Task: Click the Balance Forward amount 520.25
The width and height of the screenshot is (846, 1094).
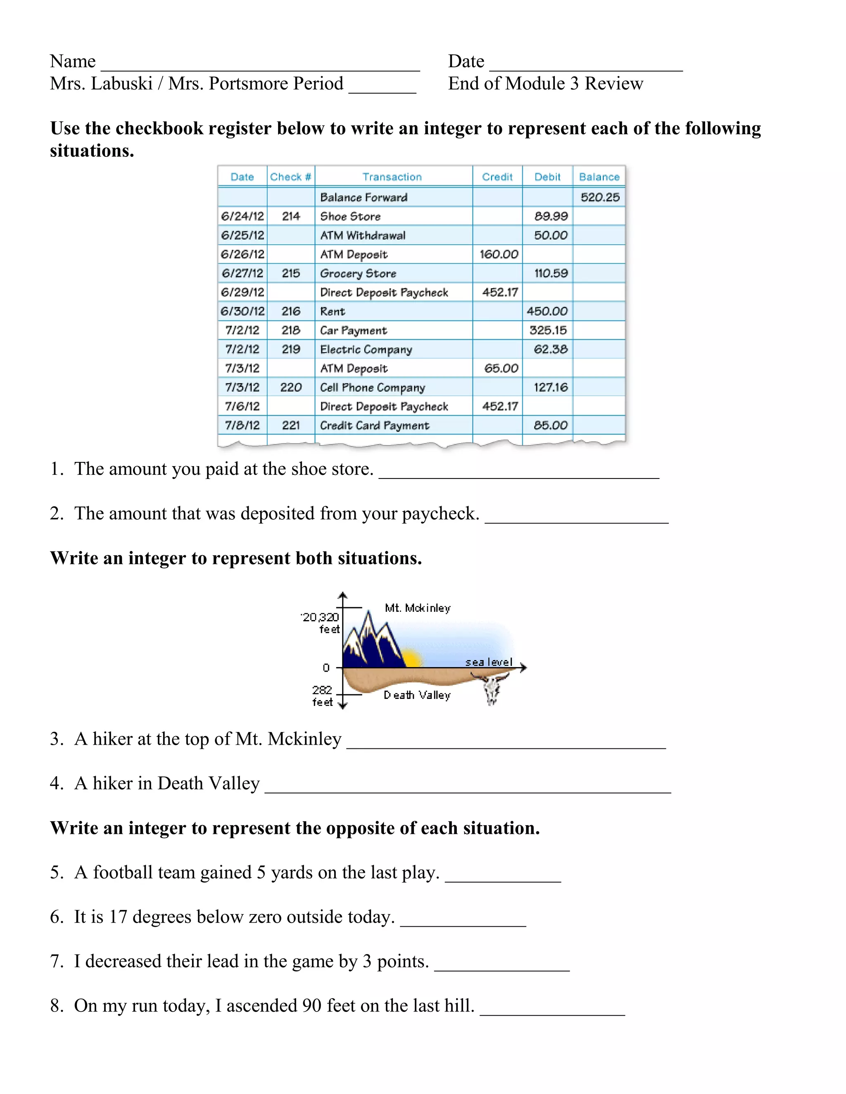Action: click(600, 197)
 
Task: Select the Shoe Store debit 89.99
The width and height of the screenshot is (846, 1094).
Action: click(551, 216)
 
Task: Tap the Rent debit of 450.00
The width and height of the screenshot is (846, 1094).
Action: click(547, 311)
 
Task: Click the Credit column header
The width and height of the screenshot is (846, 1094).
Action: click(497, 177)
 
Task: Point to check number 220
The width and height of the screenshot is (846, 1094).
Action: click(291, 387)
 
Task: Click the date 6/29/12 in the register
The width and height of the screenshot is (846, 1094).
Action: click(242, 292)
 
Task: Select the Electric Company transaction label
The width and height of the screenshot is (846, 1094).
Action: click(366, 350)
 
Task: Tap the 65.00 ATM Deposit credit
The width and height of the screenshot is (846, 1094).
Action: click(501, 369)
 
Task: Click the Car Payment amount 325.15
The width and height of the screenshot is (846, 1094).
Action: click(548, 330)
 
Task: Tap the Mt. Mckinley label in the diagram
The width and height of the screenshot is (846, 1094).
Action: click(418, 608)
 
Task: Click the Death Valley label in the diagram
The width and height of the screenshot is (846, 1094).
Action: click(417, 695)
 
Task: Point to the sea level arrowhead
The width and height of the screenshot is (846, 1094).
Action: click(523, 667)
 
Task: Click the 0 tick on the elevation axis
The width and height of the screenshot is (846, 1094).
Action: click(327, 668)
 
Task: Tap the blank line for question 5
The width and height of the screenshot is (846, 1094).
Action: click(503, 881)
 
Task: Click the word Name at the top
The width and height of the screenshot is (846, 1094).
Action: click(73, 61)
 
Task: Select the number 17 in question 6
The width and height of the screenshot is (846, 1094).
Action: click(118, 916)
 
